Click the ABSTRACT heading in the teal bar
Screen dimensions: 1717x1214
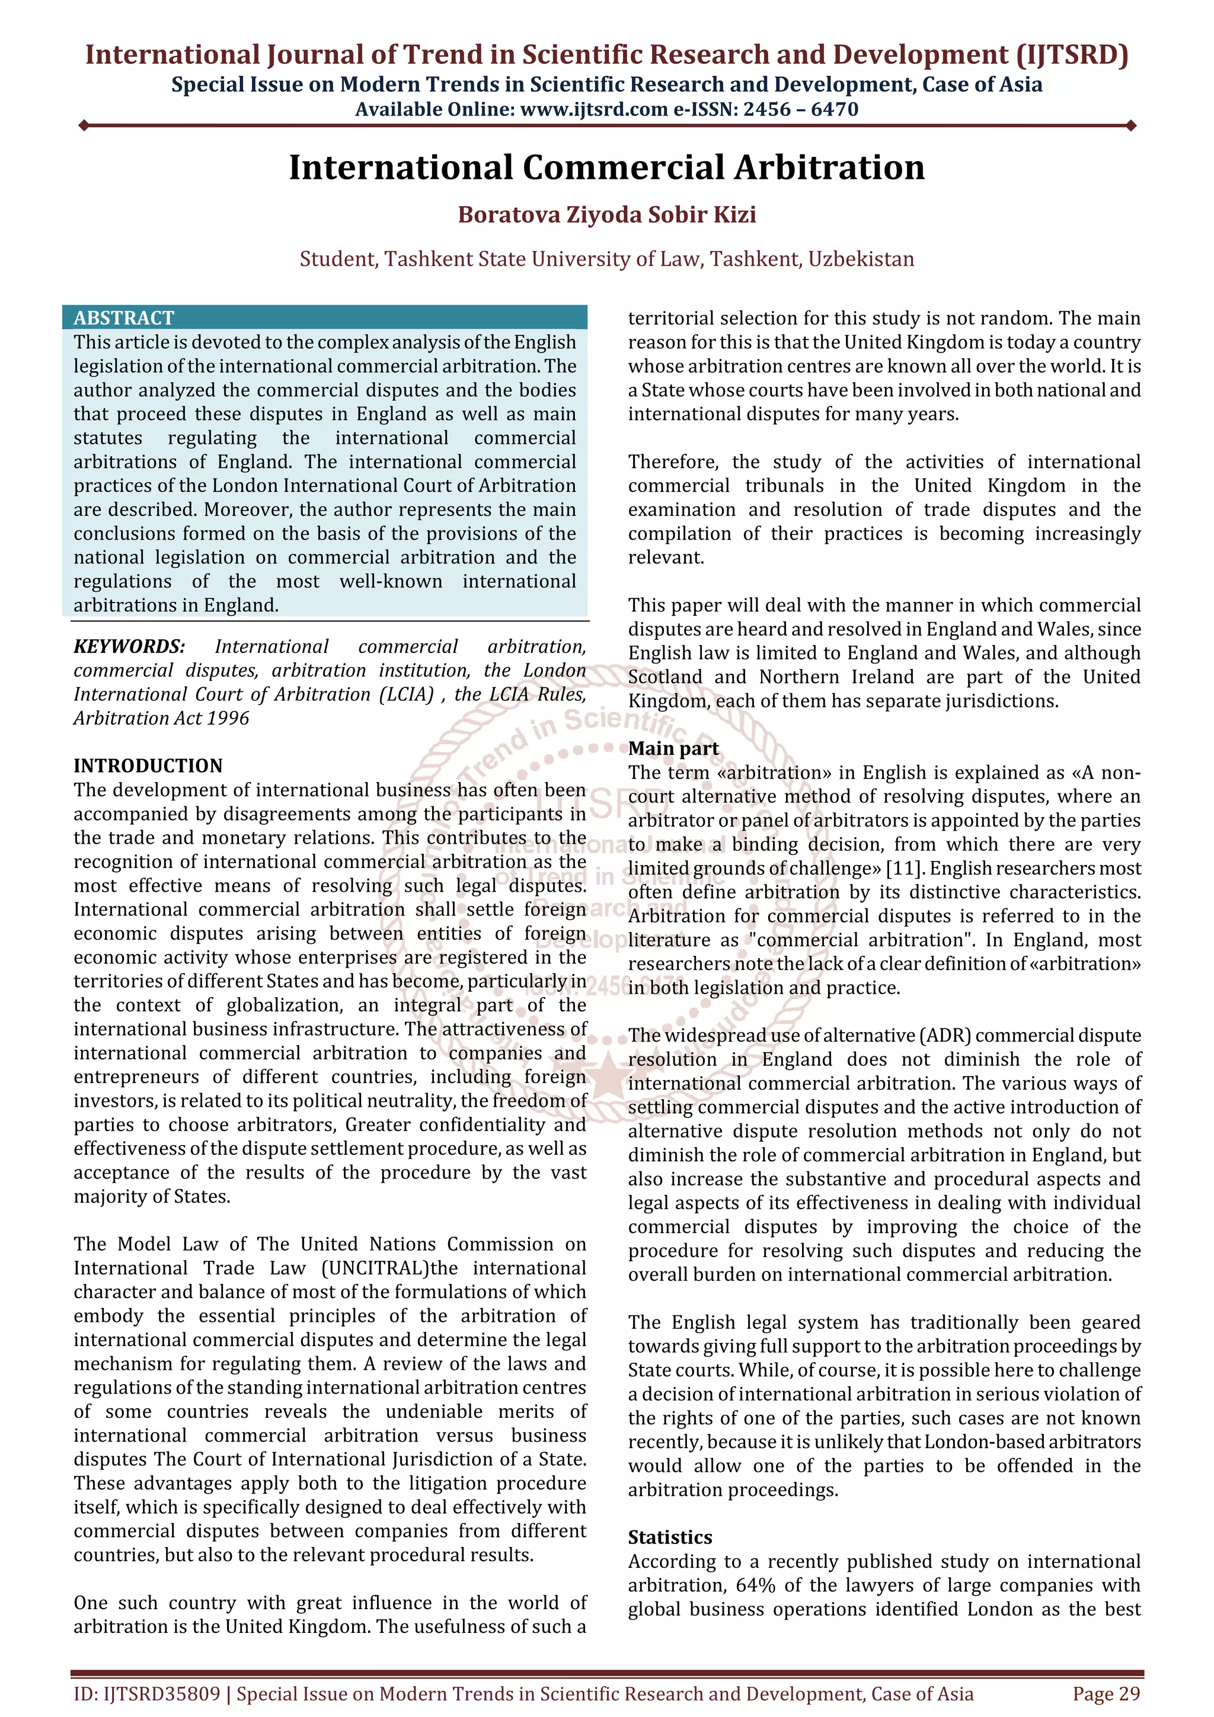(x=123, y=318)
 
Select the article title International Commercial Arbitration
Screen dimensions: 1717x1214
(x=606, y=168)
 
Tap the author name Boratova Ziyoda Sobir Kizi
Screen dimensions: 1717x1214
(x=606, y=214)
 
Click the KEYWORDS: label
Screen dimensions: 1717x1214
(x=129, y=647)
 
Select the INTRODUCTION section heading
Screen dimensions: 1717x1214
(x=148, y=765)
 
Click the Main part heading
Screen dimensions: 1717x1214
(x=673, y=748)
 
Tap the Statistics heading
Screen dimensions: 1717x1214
(x=669, y=1537)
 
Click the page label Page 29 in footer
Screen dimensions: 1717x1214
(x=1106, y=1694)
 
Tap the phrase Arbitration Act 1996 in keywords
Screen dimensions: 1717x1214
(x=161, y=719)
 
